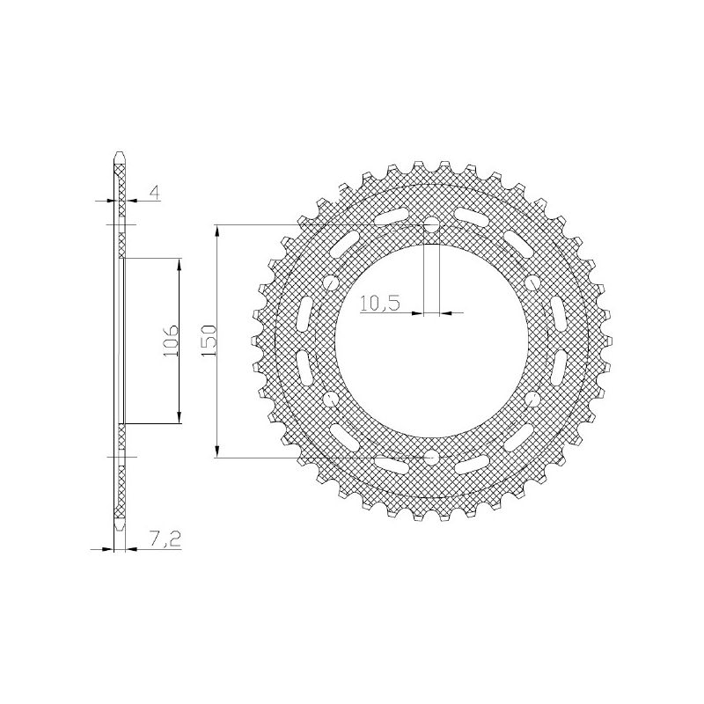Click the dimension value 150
(209, 340)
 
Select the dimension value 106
(171, 340)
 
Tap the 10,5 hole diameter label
(380, 304)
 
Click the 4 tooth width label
(154, 193)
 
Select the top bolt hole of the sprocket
(431, 225)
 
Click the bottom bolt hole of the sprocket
(431, 457)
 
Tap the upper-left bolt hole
(331, 282)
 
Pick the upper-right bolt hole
(532, 282)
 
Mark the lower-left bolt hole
(331, 400)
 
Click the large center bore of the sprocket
(431, 341)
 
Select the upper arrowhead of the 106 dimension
(180, 265)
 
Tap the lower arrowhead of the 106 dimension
(180, 416)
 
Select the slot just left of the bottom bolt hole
(389, 466)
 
